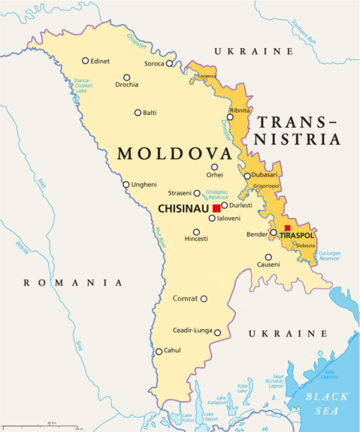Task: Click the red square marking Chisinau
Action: coord(216,207)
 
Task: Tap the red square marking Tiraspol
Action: coord(287,228)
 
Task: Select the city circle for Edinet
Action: coord(86,61)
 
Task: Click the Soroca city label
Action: coord(154,63)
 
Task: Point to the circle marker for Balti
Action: coord(138,113)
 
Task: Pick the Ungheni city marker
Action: coord(126,184)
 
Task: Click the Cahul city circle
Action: coord(159,351)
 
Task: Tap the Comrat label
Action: coord(185,298)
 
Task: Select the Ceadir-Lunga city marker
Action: coord(217,332)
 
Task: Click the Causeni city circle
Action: coord(268,257)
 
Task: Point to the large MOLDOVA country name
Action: coord(173,154)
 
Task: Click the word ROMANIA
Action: coord(73,282)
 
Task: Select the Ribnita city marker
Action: coord(231,117)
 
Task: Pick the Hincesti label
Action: coord(197,239)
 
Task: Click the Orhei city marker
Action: coord(214,168)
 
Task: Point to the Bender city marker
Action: coord(274,233)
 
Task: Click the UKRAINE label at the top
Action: coord(253,51)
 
